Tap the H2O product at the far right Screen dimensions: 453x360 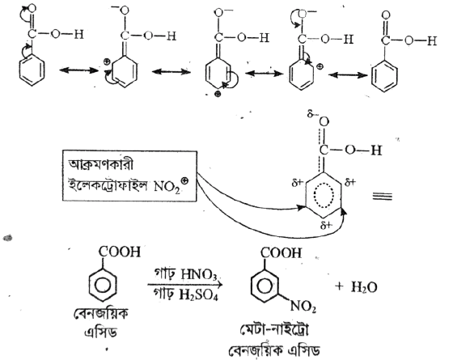pyautogui.click(x=364, y=287)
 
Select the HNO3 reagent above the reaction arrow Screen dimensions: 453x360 pyautogui.click(x=198, y=274)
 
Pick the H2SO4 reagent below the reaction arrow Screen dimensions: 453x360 pyautogui.click(x=198, y=295)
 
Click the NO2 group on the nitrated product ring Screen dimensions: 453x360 pyautogui.click(x=303, y=307)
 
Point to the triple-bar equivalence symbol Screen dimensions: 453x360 pyautogui.click(x=382, y=197)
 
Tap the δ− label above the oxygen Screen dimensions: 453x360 pyautogui.click(x=311, y=114)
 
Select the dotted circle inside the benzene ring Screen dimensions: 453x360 pyautogui.click(x=324, y=195)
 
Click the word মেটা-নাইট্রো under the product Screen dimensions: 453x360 pyautogui.click(x=275, y=331)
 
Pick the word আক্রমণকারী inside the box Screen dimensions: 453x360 pyautogui.click(x=100, y=164)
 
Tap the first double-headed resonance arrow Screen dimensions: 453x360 pyautogui.click(x=79, y=70)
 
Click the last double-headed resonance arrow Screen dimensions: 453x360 pyautogui.click(x=348, y=75)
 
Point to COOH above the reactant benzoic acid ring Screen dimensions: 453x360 pyautogui.click(x=120, y=252)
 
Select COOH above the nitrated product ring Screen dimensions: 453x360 pyautogui.click(x=281, y=253)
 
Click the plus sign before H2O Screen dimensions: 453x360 pyautogui.click(x=340, y=287)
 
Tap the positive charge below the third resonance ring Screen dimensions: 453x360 pyautogui.click(x=218, y=94)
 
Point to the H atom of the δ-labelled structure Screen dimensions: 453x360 pyautogui.click(x=376, y=150)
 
